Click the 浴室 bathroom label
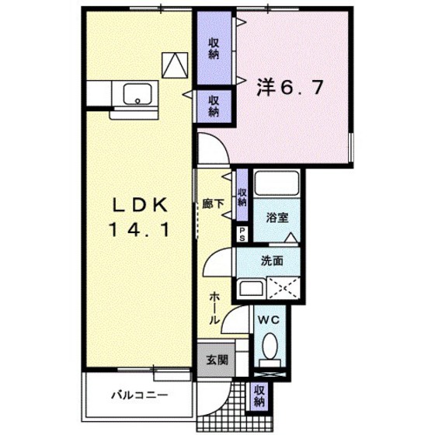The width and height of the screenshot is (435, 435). (x=277, y=219)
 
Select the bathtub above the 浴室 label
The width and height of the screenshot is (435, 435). (x=277, y=187)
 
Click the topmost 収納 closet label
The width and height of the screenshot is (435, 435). (x=212, y=48)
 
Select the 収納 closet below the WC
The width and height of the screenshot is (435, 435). (x=259, y=396)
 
